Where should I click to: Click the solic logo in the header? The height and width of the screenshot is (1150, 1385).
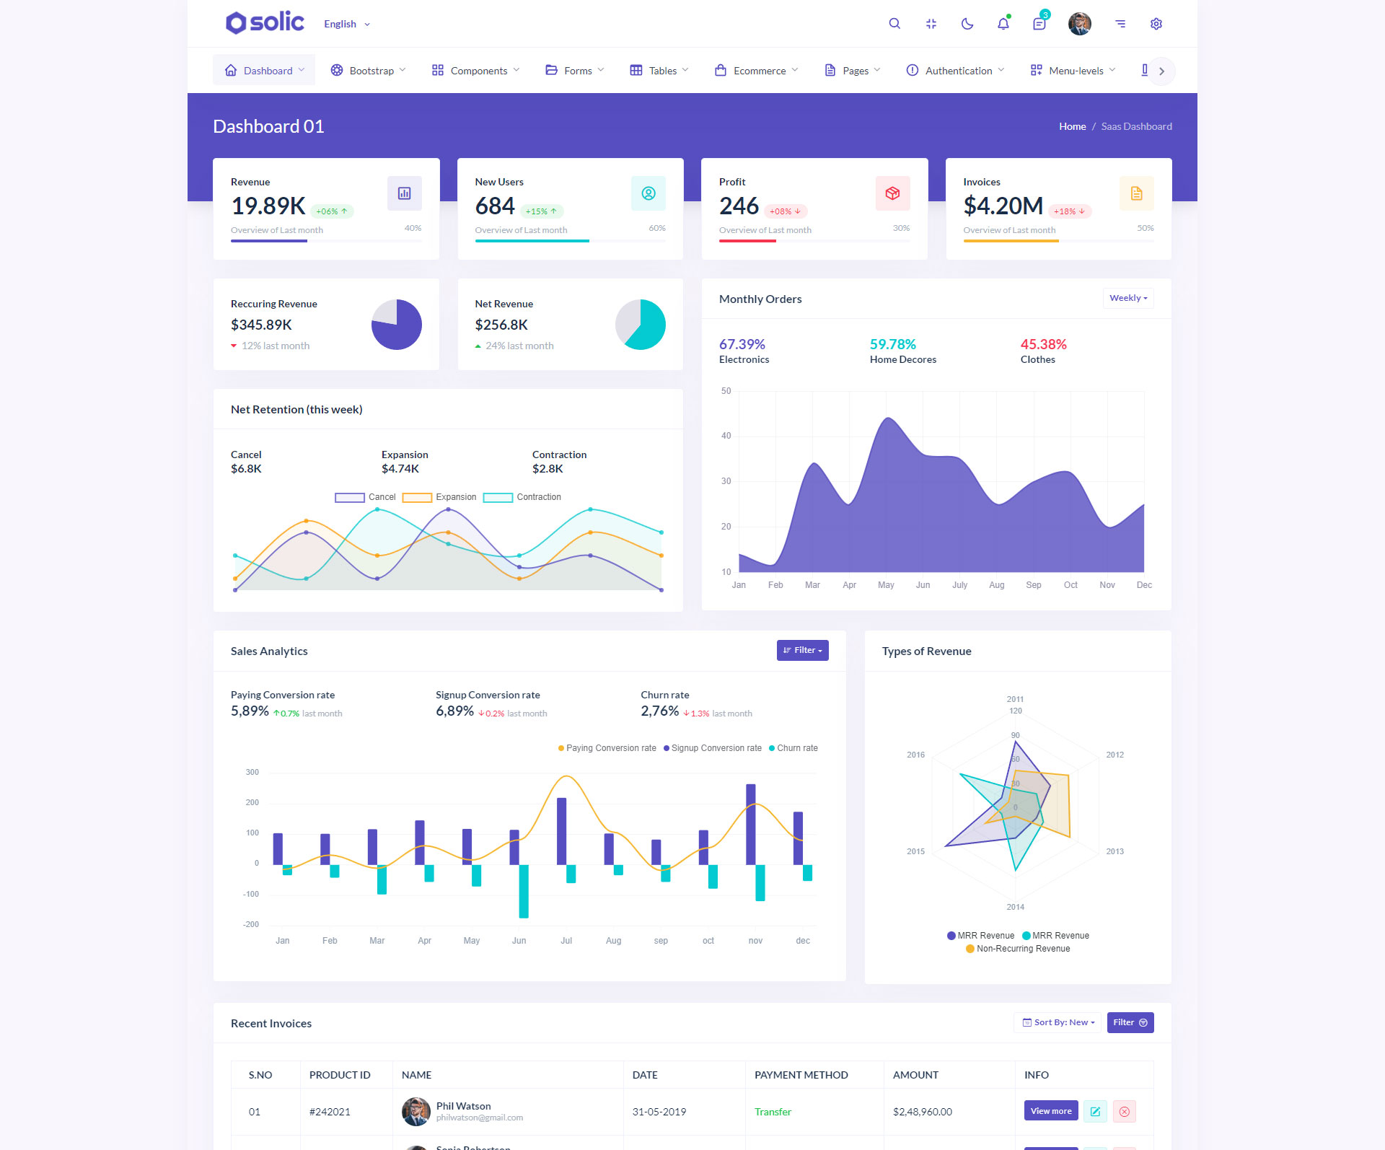click(x=265, y=22)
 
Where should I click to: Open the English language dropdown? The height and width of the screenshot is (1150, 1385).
click(x=346, y=24)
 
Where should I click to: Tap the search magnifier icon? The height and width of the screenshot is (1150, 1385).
click(x=894, y=24)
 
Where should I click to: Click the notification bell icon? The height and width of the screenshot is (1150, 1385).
click(x=1003, y=24)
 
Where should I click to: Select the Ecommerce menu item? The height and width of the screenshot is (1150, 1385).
click(x=756, y=71)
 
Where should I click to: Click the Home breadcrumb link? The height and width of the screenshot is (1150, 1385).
click(x=1072, y=126)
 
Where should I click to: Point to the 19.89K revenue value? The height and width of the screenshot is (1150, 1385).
click(x=268, y=206)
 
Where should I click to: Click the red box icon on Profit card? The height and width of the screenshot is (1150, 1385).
click(x=892, y=193)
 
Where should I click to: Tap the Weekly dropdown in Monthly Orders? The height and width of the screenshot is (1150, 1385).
click(x=1127, y=298)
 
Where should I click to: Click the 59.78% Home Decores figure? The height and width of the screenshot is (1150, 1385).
click(x=892, y=344)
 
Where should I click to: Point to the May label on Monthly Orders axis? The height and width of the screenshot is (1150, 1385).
click(x=886, y=585)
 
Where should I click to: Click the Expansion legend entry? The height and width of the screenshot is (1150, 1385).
click(x=439, y=497)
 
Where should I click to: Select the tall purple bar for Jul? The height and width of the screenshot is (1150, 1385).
click(x=562, y=830)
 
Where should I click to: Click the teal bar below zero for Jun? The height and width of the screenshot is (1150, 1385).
click(x=524, y=891)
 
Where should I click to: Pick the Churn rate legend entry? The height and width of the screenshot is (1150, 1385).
click(x=793, y=748)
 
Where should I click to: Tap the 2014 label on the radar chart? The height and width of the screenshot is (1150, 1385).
click(x=1015, y=907)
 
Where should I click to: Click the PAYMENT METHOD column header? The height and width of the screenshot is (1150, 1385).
click(x=801, y=1075)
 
